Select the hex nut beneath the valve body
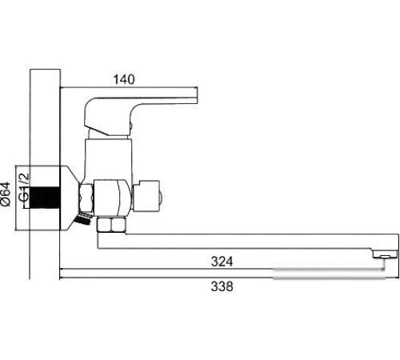click(x=110, y=223)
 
